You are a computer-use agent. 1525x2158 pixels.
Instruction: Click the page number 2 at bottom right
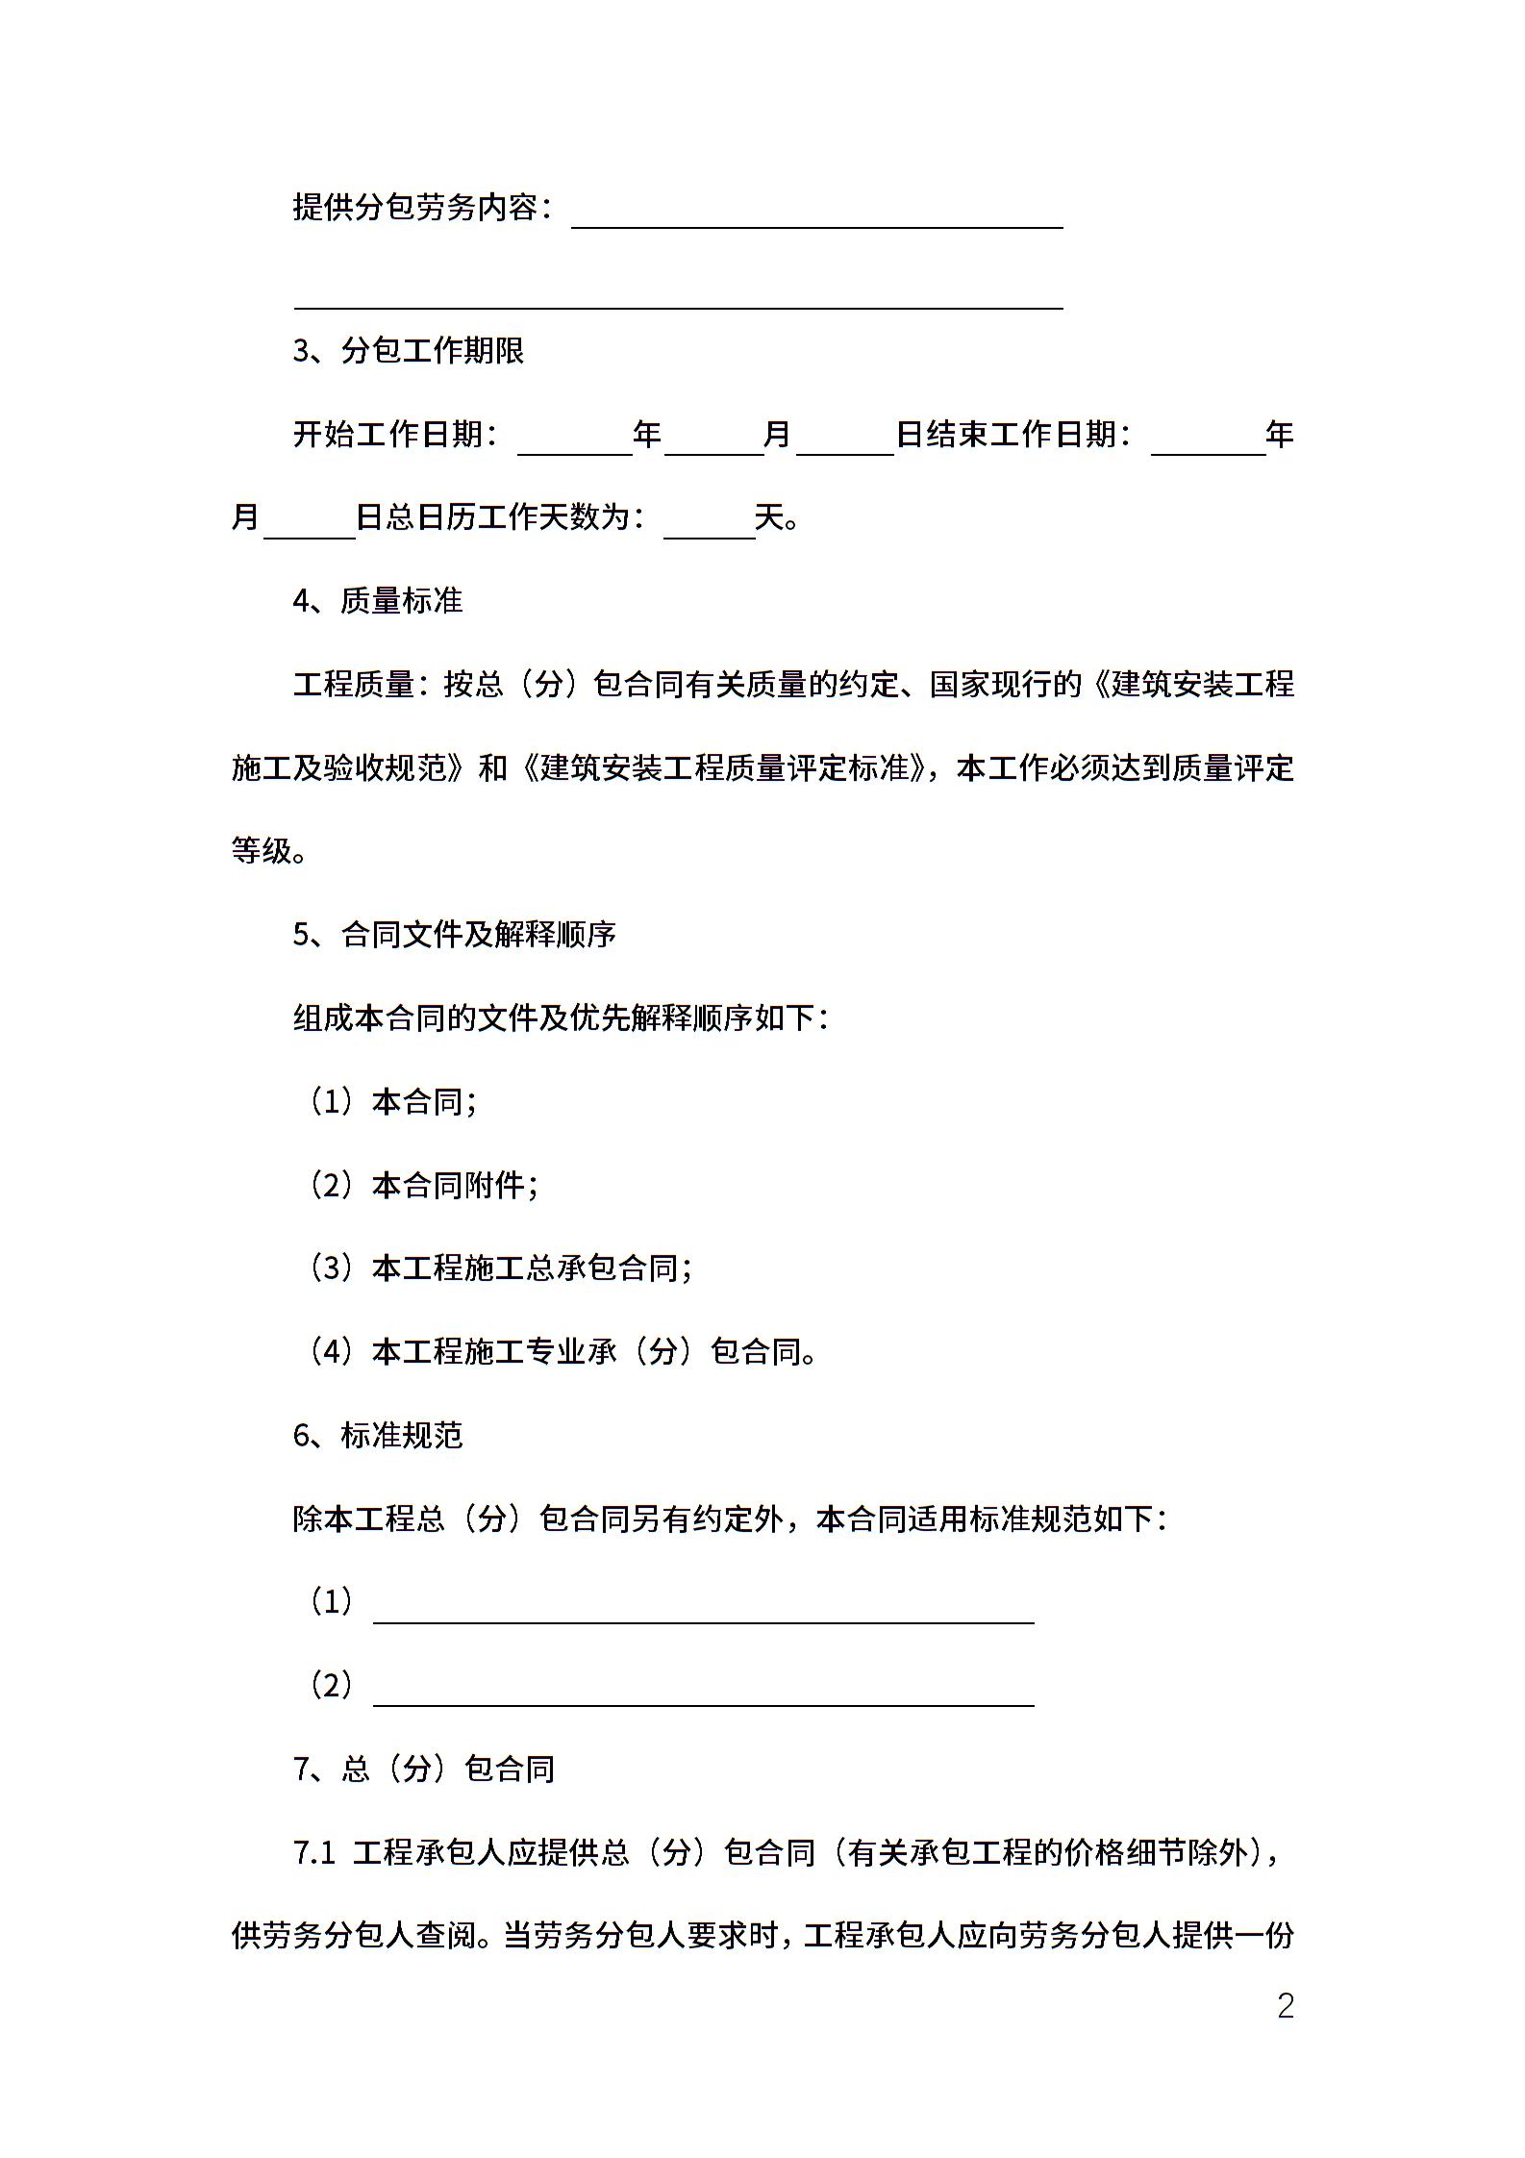pyautogui.click(x=1285, y=2006)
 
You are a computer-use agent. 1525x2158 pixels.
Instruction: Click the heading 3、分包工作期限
pyautogui.click(x=409, y=351)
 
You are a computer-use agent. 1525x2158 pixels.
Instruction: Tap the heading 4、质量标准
pyautogui.click(x=378, y=601)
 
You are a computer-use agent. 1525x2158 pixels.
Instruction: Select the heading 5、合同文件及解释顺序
pyautogui.click(x=454, y=935)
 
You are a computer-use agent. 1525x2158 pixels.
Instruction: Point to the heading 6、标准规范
pyautogui.click(x=378, y=1436)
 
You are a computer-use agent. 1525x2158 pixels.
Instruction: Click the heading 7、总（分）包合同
pyautogui.click(x=424, y=1769)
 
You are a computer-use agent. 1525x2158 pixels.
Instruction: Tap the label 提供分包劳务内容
pyautogui.click(x=414, y=207)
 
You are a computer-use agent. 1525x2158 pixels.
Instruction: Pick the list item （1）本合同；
pyautogui.click(x=392, y=1102)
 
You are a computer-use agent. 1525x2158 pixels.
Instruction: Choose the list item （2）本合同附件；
pyautogui.click(x=423, y=1186)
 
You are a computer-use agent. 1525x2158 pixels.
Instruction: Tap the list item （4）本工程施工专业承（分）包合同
pyautogui.click(x=562, y=1352)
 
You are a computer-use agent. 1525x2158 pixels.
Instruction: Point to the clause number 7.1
pyautogui.click(x=313, y=1853)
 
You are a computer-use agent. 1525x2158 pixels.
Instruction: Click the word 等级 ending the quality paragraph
pyautogui.click(x=261, y=851)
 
